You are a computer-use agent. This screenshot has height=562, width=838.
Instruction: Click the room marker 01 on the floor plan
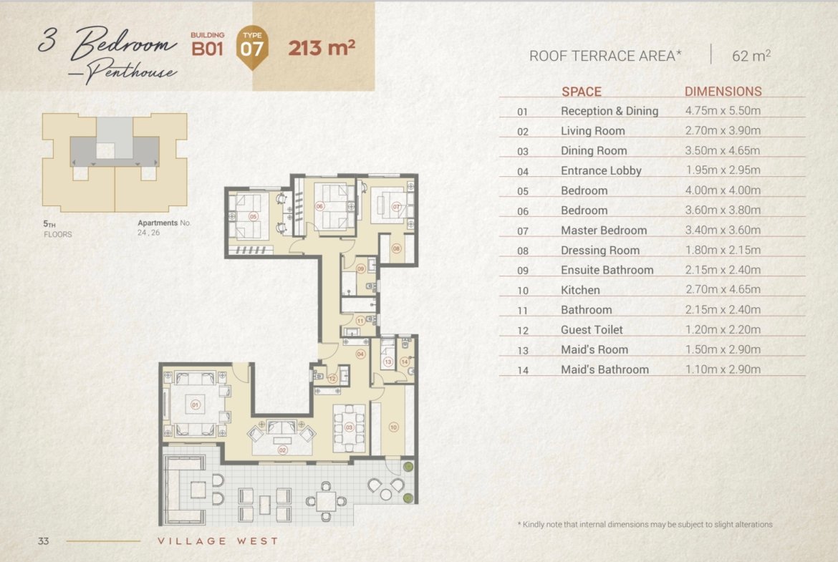pos(195,405)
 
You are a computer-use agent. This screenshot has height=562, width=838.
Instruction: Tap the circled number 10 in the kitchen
pos(393,427)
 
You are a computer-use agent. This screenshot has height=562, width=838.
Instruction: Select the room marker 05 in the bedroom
pos(254,217)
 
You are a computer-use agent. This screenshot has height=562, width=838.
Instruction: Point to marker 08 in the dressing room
pos(396,248)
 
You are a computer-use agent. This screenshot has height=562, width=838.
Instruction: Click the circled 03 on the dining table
pos(349,427)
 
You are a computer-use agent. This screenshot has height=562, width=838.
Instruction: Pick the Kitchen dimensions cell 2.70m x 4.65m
pos(723,289)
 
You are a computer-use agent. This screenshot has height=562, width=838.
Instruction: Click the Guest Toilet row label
pos(592,329)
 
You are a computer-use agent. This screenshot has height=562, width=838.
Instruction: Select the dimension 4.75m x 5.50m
pos(723,110)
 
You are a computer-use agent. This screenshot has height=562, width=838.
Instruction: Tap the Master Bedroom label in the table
pos(603,231)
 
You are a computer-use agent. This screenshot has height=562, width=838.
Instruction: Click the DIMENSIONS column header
pos(723,92)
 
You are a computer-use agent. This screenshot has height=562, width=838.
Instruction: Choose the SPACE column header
pos(582,92)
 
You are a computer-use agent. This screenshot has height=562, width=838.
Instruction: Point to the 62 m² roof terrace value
pos(751,55)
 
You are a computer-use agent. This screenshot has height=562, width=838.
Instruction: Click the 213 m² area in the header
pos(322,47)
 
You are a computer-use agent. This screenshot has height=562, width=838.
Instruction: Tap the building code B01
pos(207,49)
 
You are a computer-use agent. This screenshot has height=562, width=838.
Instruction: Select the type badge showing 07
pos(251,47)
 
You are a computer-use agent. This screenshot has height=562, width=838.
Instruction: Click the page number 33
pos(43,541)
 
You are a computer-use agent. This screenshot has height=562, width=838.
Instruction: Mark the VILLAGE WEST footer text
pos(218,541)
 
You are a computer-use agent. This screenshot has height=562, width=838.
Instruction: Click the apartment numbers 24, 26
pos(149,233)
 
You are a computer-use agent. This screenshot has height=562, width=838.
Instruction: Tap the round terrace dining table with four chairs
pos(325,502)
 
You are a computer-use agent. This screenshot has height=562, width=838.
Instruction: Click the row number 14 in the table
pos(523,370)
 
